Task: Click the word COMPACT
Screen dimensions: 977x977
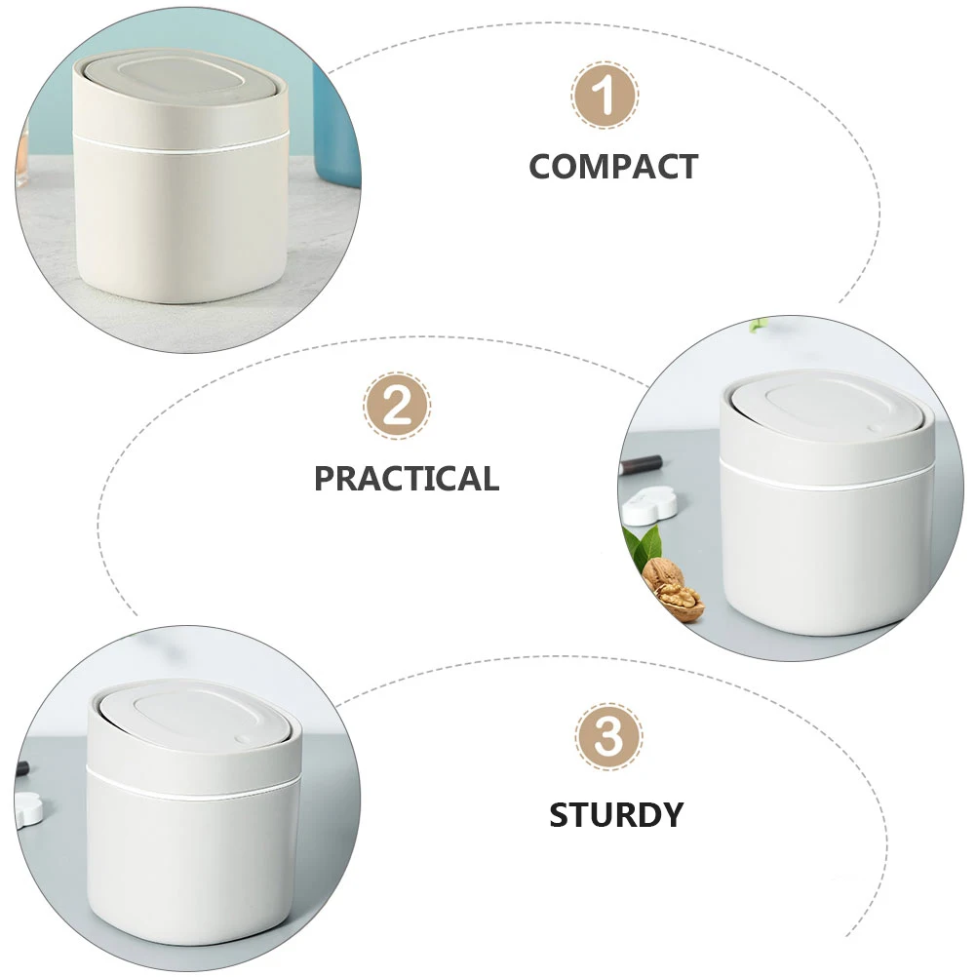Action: tap(613, 167)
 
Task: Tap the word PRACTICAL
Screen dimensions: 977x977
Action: tap(406, 479)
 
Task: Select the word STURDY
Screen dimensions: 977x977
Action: tap(615, 814)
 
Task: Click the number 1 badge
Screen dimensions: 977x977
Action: tap(605, 97)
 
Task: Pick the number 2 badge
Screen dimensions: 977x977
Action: tap(397, 406)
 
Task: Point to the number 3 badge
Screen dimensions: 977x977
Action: tap(608, 738)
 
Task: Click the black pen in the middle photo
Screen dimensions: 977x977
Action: tap(641, 464)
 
